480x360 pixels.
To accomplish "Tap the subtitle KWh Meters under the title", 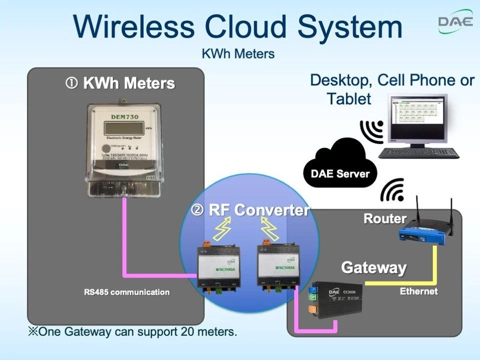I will (238, 53).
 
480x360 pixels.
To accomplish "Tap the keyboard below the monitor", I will (418, 153).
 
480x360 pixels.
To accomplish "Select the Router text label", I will (384, 218).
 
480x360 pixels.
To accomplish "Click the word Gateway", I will (373, 267).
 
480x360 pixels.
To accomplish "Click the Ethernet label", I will (418, 291).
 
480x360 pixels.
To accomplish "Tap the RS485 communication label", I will (126, 292).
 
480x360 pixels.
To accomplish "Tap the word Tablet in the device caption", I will (349, 98).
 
